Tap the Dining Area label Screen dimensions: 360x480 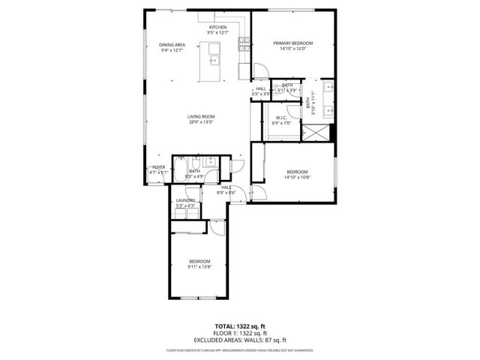point(172,45)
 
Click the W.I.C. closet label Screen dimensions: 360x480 point(282,118)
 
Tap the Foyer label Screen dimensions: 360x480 point(158,167)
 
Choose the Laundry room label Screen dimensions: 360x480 point(185,200)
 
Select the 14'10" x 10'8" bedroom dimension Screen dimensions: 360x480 point(296,178)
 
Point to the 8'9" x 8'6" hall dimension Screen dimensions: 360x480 point(226,193)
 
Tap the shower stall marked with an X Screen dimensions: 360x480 point(319,132)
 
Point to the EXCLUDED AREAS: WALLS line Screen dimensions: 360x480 point(239,338)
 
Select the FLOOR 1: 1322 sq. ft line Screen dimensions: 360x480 point(239,332)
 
